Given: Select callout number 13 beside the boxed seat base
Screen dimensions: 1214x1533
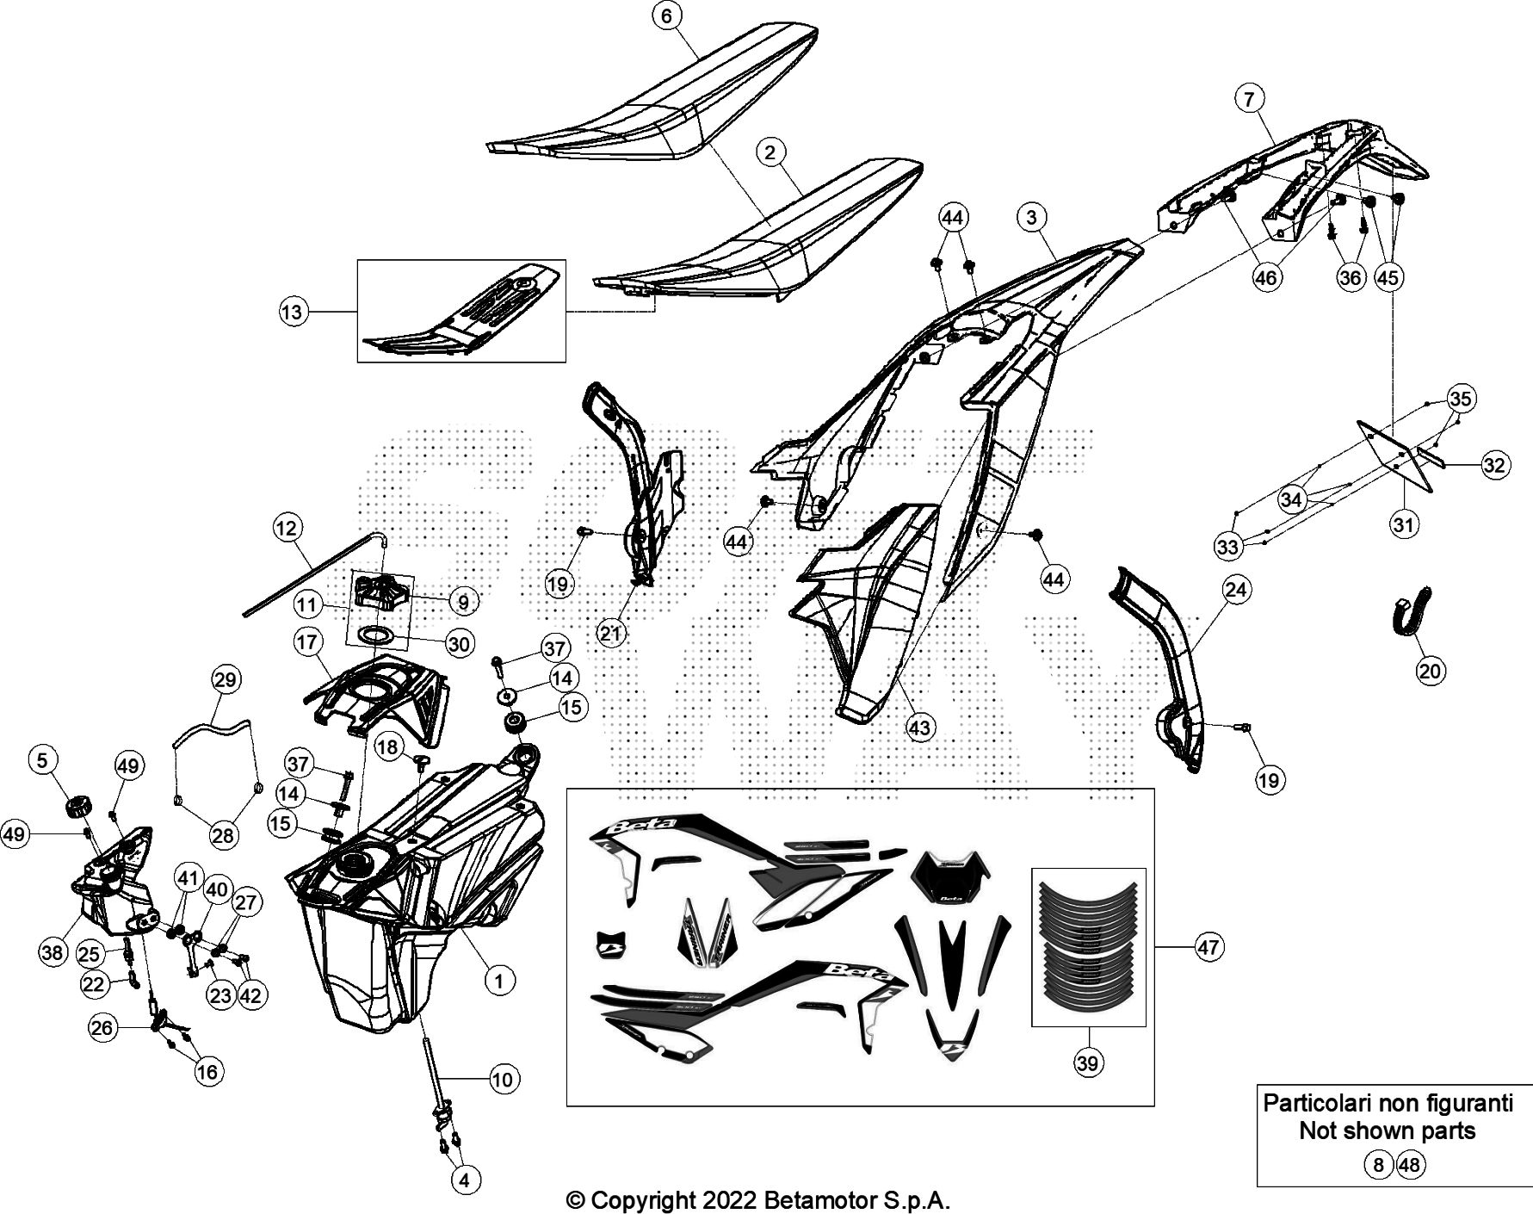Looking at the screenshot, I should coord(293,311).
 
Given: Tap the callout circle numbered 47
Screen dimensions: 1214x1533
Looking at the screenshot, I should coord(1208,947).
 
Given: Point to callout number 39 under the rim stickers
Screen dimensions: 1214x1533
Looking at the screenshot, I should coord(1088,1063).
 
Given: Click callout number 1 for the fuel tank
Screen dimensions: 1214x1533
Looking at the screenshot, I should coord(499,979).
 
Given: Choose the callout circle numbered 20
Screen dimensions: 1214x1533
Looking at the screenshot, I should coord(1431,671).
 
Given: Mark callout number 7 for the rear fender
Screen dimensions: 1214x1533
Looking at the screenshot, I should coord(1249,99).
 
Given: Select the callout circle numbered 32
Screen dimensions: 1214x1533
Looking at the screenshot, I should coord(1494,465).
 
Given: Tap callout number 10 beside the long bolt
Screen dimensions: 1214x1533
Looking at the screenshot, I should coord(502,1078).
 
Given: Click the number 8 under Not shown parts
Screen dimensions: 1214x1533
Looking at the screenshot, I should coord(1377,1165).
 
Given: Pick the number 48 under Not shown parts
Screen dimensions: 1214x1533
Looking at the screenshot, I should coord(1410,1165).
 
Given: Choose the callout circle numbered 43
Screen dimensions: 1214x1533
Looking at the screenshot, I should coord(920,728).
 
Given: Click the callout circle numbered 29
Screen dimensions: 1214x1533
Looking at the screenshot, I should coord(226,679).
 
